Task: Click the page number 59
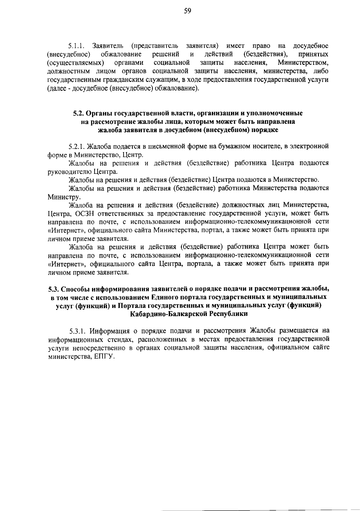[x=188, y=11]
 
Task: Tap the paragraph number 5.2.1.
[x=78, y=146]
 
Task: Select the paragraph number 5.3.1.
[x=78, y=331]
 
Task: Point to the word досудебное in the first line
[x=311, y=46]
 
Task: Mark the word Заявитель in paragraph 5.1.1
[x=108, y=46]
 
